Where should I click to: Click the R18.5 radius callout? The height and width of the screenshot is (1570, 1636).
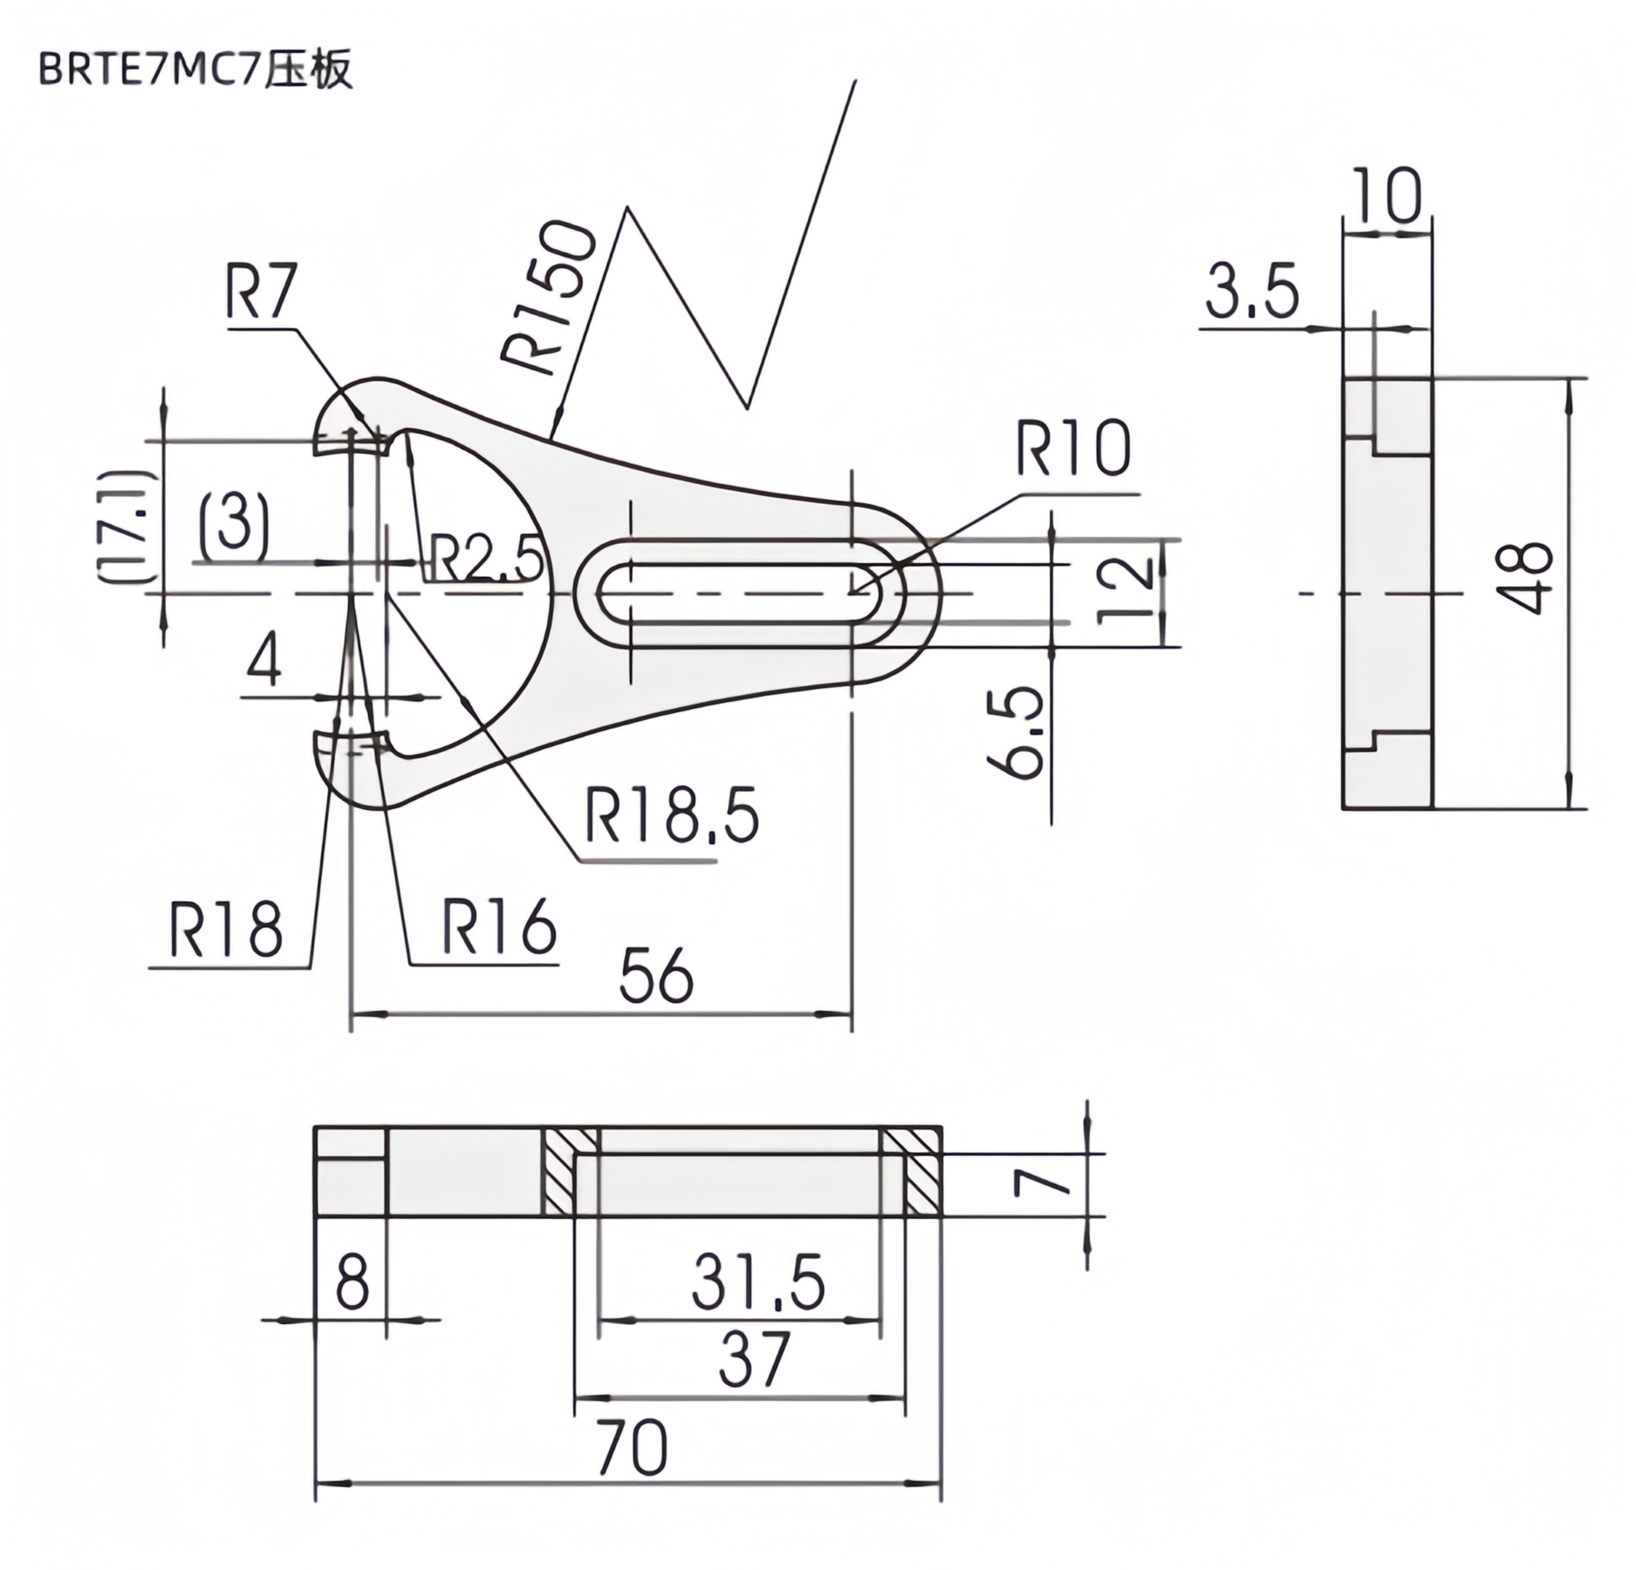point(672,816)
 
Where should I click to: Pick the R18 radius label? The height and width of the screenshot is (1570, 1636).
point(225,930)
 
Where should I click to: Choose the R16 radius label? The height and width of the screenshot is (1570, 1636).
point(498,927)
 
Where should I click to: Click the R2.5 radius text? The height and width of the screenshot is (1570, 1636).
point(486,557)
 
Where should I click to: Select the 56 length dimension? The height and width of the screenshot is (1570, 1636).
point(656,975)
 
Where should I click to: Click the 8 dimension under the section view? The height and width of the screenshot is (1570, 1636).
point(351,1283)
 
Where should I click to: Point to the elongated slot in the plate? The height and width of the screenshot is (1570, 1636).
point(739,594)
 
